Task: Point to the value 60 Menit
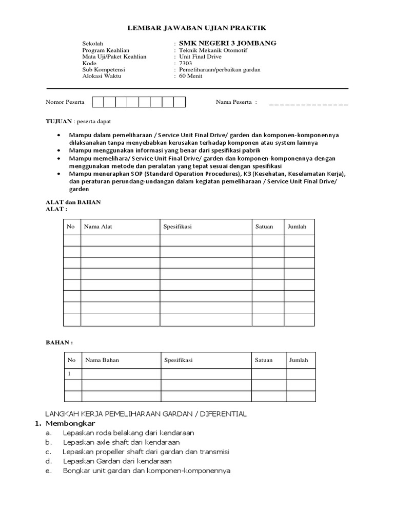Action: tap(190, 76)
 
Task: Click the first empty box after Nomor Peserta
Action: tap(97, 102)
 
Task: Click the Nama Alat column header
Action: tap(98, 227)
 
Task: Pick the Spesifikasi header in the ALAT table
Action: tap(178, 227)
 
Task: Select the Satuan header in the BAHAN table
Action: tap(264, 360)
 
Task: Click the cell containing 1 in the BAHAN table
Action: tap(73, 374)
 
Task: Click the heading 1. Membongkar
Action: tap(66, 424)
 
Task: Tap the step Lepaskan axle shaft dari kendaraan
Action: tap(122, 442)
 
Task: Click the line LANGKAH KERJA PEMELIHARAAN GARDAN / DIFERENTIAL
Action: tap(146, 414)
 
